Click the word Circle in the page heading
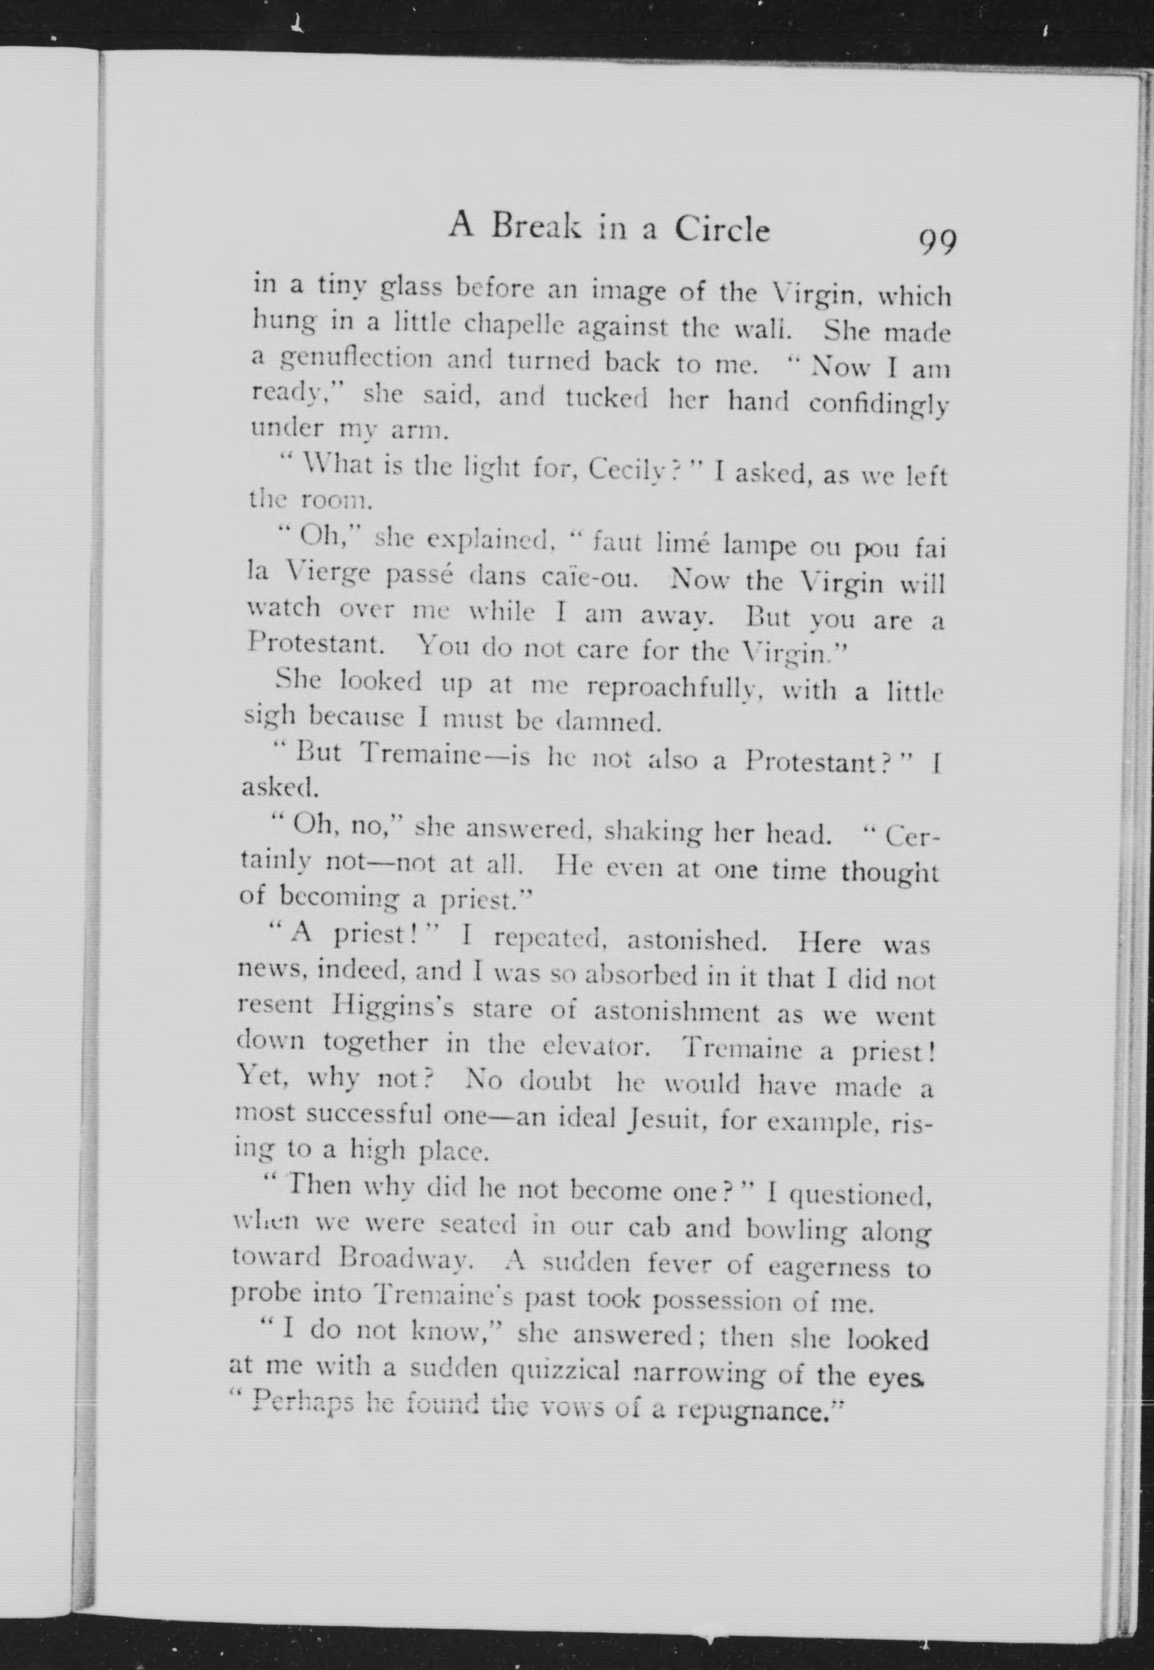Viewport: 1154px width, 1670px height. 722,230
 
